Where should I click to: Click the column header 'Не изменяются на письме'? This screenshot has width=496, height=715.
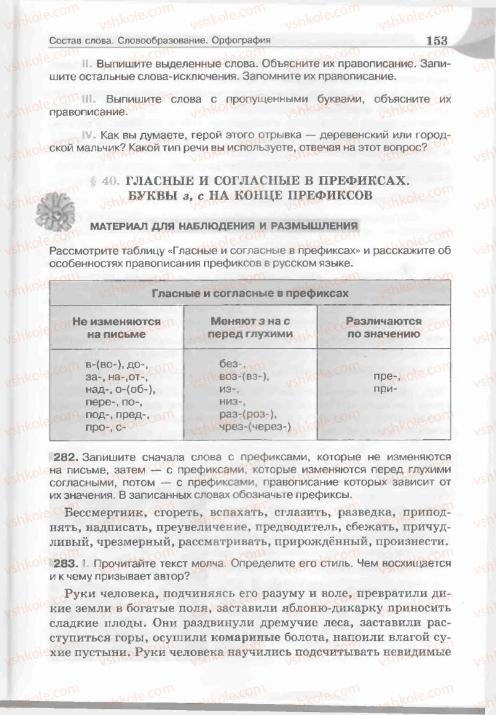tap(117, 328)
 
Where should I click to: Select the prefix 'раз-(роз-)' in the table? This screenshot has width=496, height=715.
tap(249, 414)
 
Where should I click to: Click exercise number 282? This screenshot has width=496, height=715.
tap(65, 457)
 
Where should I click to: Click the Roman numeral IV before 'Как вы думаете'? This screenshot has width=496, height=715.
tap(89, 135)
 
